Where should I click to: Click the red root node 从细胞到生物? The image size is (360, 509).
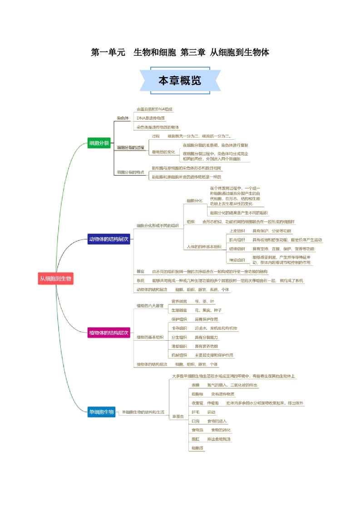pos(55,278)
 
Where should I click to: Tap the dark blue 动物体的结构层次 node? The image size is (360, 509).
pos(109,239)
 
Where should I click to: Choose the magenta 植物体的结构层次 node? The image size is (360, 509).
pos(109,333)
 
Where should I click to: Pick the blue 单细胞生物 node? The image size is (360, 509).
pos(102,412)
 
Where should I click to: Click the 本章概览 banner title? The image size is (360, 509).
pos(180,81)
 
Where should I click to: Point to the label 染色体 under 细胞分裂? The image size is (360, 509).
pos(123,118)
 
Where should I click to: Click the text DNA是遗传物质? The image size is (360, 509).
pos(151,118)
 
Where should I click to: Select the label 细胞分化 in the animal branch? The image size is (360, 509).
pos(194,201)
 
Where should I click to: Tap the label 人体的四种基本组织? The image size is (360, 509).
pos(204,247)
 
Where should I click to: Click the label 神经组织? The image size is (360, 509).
pos(237,260)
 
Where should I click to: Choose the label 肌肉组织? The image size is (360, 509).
pos(237,240)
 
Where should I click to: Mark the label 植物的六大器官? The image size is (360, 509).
pos(150,306)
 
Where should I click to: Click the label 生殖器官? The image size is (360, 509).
pos(179,310)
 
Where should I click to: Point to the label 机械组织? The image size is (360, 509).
pos(179,355)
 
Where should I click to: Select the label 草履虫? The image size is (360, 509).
pos(178,416)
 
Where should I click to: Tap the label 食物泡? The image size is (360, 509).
pos(197,430)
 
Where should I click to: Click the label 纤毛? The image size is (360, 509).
pos(196,412)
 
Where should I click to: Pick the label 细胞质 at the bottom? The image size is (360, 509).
pos(197,448)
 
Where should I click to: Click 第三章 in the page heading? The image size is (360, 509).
pos(192,53)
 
